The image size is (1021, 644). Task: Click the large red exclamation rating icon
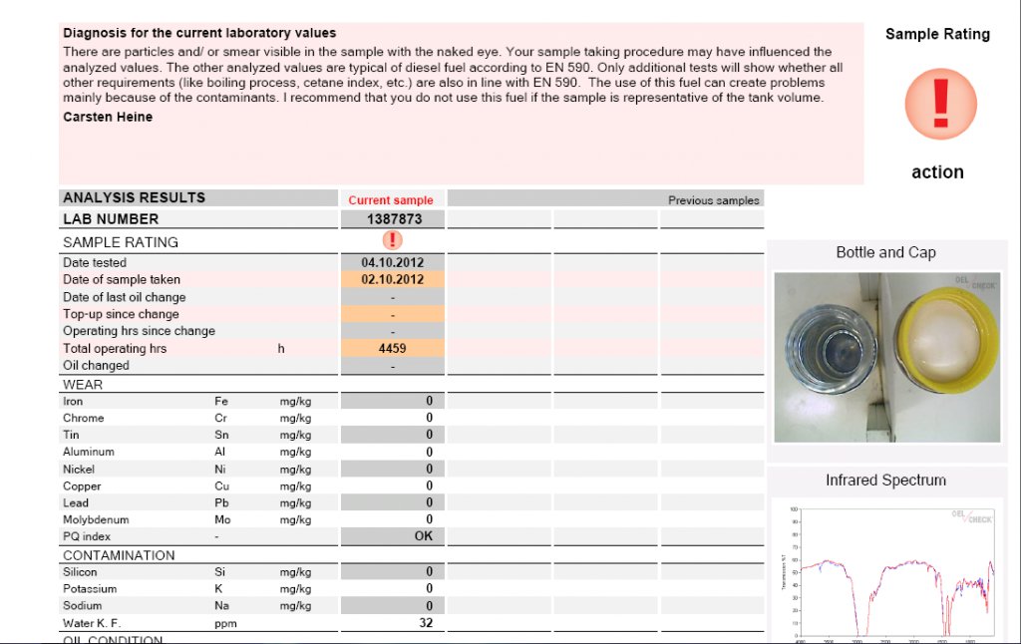[940, 104]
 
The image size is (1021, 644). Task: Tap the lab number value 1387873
[394, 219]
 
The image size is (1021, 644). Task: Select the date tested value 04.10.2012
[393, 263]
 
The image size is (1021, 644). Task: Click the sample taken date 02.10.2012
[393, 280]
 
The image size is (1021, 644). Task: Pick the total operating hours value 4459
[393, 349]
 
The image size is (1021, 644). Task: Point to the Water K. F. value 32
[426, 623]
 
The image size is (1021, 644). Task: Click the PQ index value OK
[424, 536]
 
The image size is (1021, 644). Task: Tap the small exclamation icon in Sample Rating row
[393, 240]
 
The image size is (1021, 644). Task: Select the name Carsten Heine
[108, 117]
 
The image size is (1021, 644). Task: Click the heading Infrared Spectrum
[885, 481]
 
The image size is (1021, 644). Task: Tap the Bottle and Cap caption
[885, 253]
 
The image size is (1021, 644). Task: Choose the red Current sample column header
[391, 200]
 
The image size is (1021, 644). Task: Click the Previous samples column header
[713, 200]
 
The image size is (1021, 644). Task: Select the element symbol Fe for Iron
[221, 402]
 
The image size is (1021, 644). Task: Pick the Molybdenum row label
[96, 520]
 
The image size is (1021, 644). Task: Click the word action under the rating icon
[937, 172]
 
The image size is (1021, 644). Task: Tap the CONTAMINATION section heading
[119, 555]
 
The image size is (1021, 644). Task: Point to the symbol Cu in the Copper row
[221, 486]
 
